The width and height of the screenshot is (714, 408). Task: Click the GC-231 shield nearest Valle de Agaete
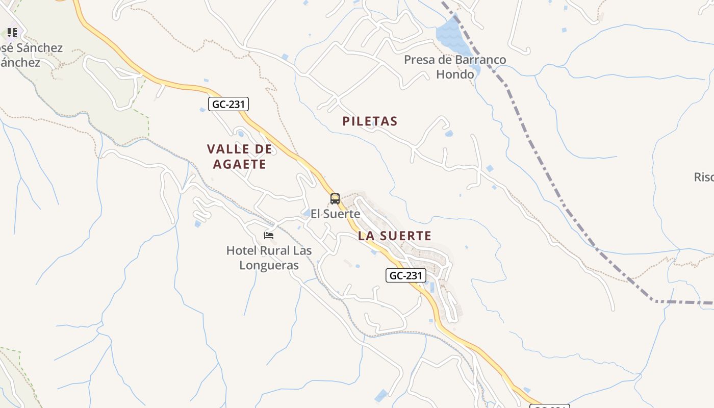click(228, 105)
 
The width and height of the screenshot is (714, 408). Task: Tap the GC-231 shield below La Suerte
click(405, 276)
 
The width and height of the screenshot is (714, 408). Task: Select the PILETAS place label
click(370, 121)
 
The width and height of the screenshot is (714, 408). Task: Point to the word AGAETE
click(240, 164)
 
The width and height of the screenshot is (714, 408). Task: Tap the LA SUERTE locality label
click(395, 236)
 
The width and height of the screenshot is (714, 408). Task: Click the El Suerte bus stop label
click(336, 214)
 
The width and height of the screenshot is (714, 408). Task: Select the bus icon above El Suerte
click(335, 199)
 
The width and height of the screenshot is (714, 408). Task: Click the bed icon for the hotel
click(269, 236)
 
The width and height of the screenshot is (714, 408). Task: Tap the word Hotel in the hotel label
click(242, 250)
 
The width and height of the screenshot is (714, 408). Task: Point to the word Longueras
click(269, 265)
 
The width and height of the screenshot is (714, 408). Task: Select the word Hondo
click(455, 74)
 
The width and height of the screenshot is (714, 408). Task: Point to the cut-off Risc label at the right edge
click(704, 177)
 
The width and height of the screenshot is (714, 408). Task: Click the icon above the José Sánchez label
click(12, 33)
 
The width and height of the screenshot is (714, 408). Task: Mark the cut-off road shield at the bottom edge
click(549, 406)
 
